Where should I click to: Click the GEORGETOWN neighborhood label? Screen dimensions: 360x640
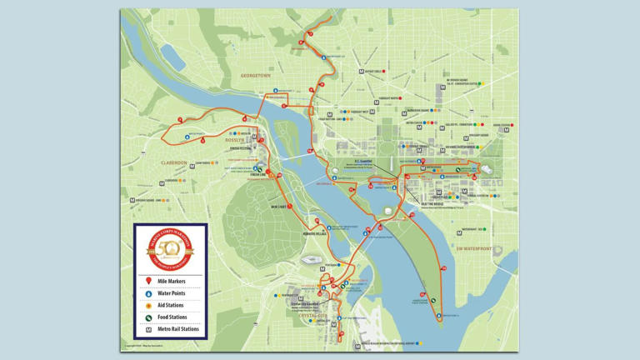click(256, 76)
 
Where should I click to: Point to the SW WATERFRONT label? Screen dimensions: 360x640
click(474, 248)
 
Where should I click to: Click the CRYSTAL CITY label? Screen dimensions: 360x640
click(313, 316)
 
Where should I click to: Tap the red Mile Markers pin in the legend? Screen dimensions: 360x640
click(149, 282)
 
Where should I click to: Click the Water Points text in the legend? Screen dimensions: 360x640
click(172, 293)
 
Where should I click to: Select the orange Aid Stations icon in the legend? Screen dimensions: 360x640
click(149, 306)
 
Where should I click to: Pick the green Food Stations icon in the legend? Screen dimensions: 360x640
click(149, 317)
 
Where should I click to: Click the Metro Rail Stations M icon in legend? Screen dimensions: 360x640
click(149, 329)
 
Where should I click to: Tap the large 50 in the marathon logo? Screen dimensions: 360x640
click(170, 247)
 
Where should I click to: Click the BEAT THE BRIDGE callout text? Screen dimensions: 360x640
click(432, 203)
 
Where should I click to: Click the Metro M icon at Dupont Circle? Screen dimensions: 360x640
click(362, 72)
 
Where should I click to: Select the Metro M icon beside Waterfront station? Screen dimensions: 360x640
click(457, 230)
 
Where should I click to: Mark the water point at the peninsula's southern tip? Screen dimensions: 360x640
click(439, 316)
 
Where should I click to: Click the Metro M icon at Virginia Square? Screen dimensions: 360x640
click(132, 201)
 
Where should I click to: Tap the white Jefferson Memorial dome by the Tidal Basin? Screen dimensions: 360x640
click(388, 210)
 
